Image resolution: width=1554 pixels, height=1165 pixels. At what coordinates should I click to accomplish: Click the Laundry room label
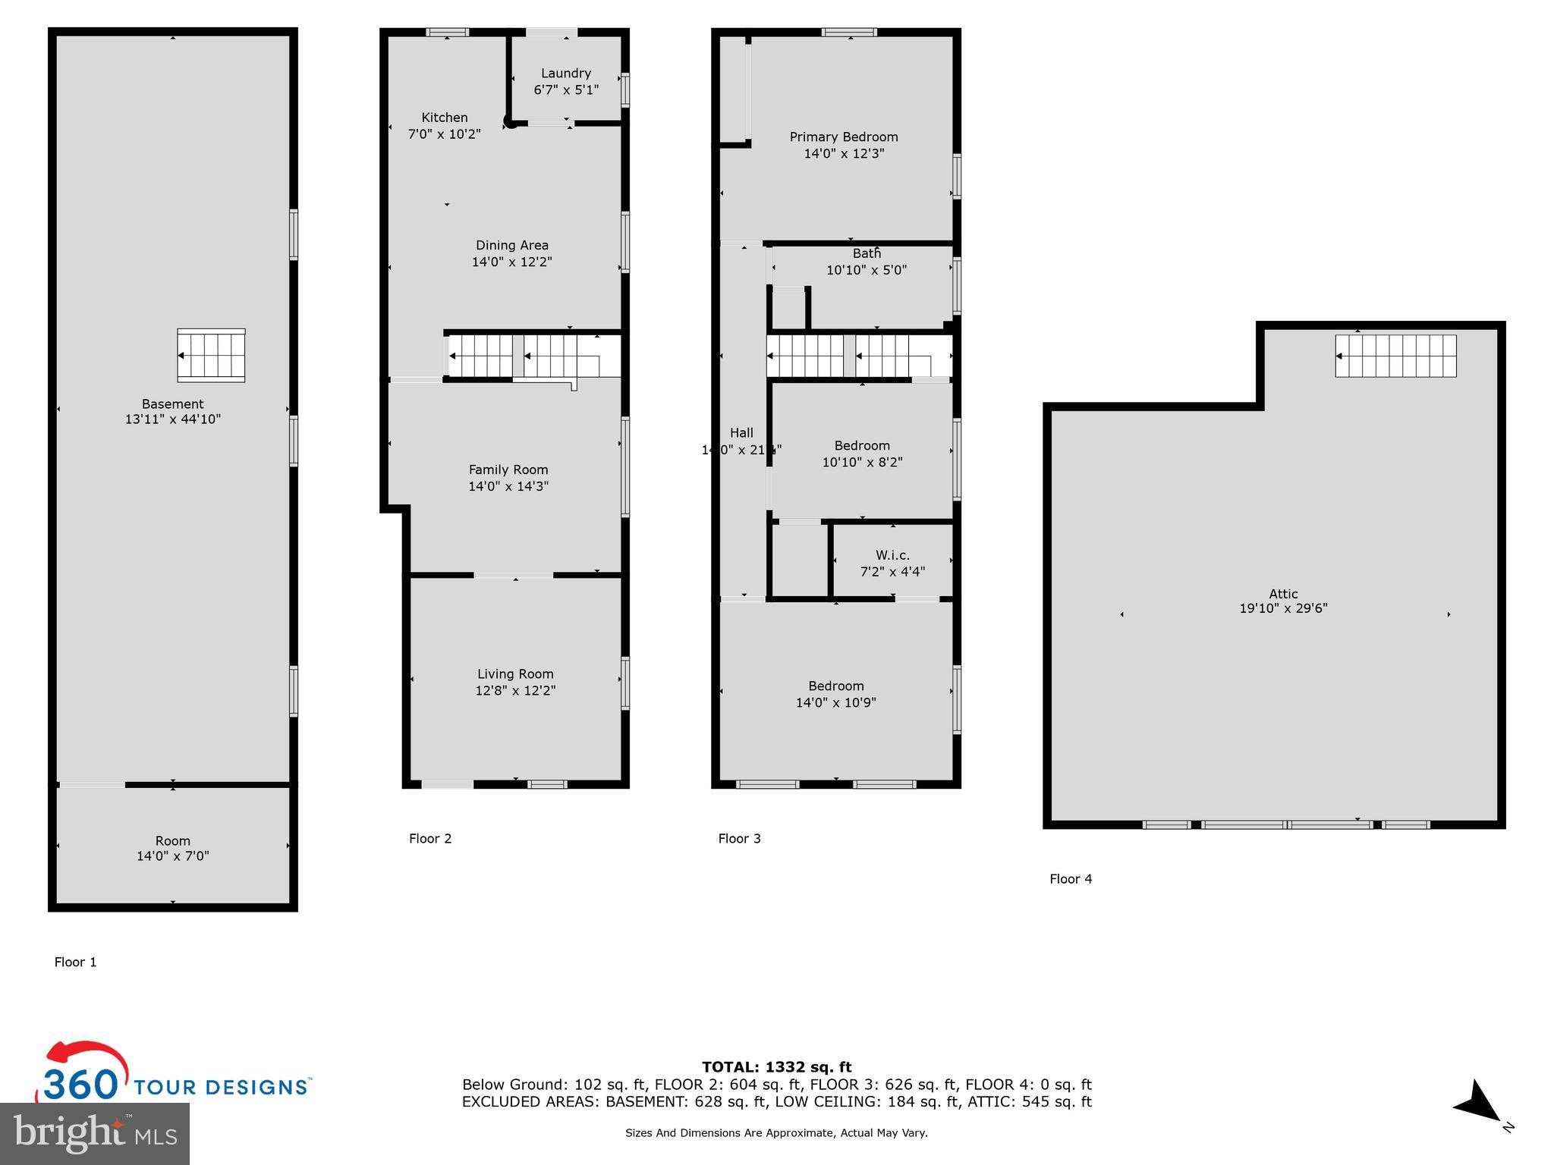click(x=565, y=74)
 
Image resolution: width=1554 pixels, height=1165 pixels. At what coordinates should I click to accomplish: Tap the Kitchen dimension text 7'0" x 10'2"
click(x=445, y=134)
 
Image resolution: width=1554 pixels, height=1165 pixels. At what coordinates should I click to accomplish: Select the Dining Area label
click(x=512, y=245)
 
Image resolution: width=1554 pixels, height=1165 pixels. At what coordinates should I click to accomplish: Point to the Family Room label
click(x=508, y=469)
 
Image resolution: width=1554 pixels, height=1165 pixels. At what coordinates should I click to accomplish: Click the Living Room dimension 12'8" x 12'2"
click(x=515, y=690)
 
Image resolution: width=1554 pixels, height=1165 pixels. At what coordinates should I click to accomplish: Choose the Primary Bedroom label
click(x=844, y=137)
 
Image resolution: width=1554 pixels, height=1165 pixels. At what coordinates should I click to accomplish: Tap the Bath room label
click(x=867, y=253)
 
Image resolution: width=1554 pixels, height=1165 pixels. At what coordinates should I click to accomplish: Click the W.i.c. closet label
click(x=892, y=555)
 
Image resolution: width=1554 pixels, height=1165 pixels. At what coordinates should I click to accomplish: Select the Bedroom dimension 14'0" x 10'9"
click(x=835, y=702)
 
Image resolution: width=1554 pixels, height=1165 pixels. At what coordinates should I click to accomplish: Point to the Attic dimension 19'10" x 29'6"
click(x=1283, y=608)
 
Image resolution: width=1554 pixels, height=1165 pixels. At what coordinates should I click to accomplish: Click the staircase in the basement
click(x=211, y=355)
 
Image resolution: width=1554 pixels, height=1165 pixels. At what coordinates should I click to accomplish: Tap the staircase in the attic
click(x=1395, y=356)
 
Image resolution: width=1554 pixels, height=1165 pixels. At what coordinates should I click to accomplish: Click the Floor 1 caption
click(x=76, y=962)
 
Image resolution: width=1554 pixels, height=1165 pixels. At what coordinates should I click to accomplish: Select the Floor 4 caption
click(x=1071, y=878)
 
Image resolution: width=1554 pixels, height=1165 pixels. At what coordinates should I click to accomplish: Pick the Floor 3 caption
click(x=739, y=838)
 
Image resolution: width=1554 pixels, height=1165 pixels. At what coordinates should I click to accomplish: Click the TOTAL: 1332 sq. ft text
click(x=776, y=1067)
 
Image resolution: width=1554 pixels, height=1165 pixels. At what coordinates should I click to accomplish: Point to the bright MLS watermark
click(x=95, y=1133)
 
